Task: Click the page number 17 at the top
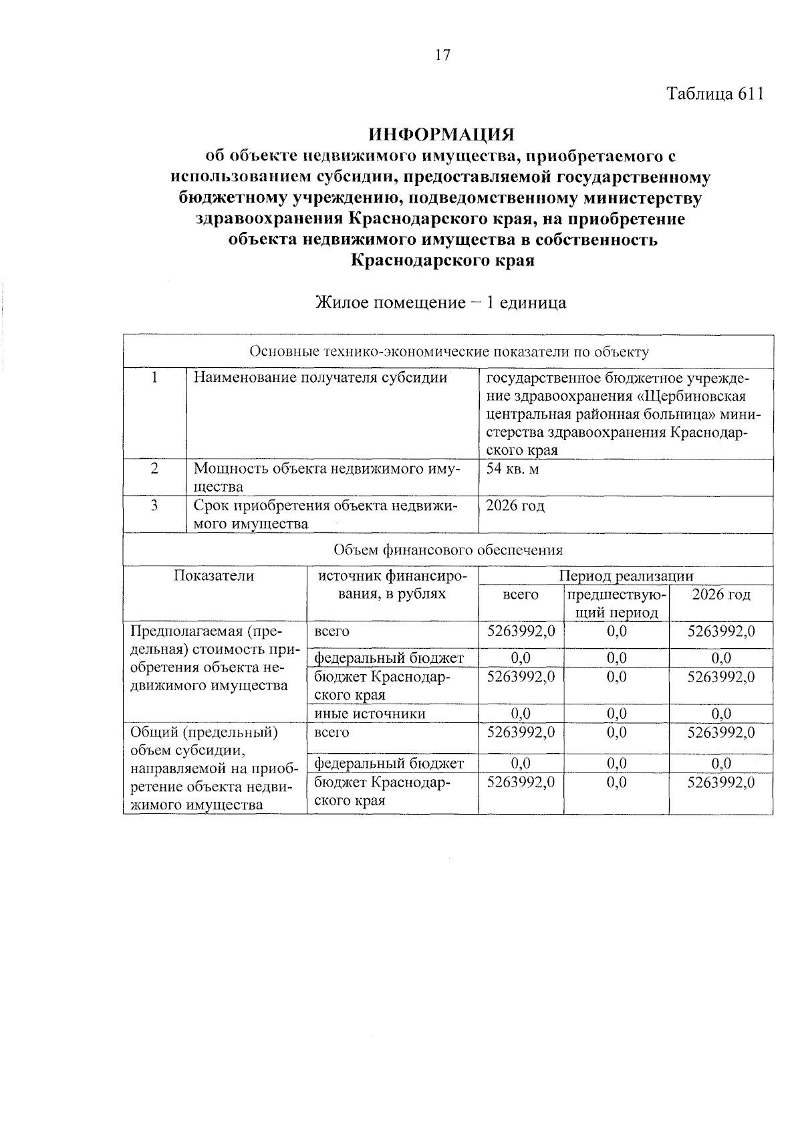(442, 56)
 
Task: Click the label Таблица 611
(714, 94)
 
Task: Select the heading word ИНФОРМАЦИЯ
(442, 134)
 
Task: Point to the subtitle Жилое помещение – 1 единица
(441, 302)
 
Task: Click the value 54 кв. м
(513, 468)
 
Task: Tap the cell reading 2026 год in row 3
(515, 506)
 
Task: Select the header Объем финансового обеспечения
(448, 550)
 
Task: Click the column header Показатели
(214, 576)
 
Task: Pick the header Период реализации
(626, 576)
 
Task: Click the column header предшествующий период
(616, 603)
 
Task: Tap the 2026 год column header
(720, 595)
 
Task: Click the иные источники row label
(370, 714)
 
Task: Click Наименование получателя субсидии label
(320, 377)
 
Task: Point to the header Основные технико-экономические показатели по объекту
(448, 352)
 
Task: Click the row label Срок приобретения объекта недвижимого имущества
(325, 514)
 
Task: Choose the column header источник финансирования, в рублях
(392, 585)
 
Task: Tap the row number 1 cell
(154, 377)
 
